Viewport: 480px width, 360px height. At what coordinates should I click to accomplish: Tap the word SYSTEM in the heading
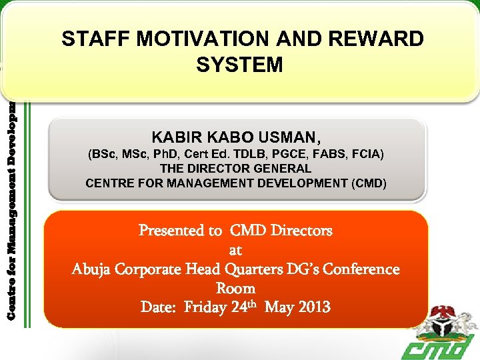(240, 65)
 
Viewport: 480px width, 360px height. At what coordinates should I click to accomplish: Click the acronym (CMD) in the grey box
(369, 183)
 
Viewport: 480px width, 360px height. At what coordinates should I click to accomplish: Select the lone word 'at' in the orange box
(235, 251)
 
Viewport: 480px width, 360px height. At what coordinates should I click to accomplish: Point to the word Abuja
(91, 269)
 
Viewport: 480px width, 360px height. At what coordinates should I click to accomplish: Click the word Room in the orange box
(235, 289)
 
